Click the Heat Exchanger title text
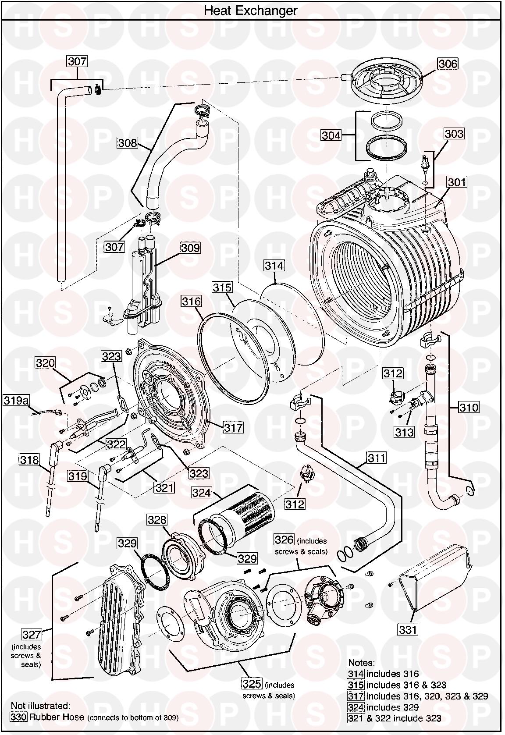click(x=250, y=11)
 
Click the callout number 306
click(x=448, y=64)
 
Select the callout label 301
click(x=456, y=181)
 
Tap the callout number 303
click(x=454, y=134)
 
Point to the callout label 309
click(x=190, y=248)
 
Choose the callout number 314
click(x=274, y=266)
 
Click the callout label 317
click(x=233, y=427)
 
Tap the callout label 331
click(x=408, y=630)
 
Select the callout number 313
click(x=404, y=432)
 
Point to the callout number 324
click(x=202, y=493)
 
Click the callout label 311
click(x=376, y=458)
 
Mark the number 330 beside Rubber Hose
click(x=18, y=717)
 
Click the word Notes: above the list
click(x=362, y=663)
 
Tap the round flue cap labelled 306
click(x=383, y=80)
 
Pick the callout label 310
click(x=469, y=408)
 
